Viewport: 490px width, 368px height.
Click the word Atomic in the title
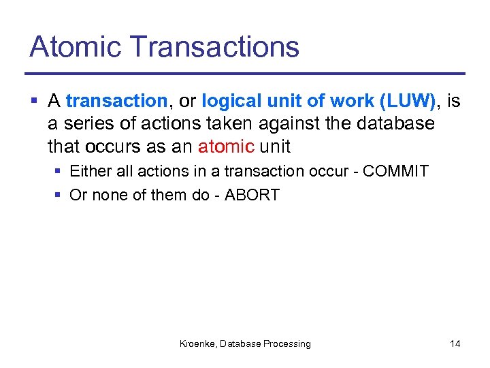coord(75,47)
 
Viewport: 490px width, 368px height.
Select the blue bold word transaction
coord(116,102)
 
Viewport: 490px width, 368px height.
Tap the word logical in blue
coord(229,102)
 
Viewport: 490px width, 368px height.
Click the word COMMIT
coord(395,171)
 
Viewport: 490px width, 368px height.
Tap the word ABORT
coord(252,195)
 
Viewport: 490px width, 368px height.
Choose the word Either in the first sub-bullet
coord(91,171)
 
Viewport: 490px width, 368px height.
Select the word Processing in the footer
coord(287,344)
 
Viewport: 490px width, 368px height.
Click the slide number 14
coord(455,344)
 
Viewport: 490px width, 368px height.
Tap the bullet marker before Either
coord(58,172)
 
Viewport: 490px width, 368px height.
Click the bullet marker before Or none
coord(58,196)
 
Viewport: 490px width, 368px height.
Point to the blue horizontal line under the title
coord(245,73)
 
